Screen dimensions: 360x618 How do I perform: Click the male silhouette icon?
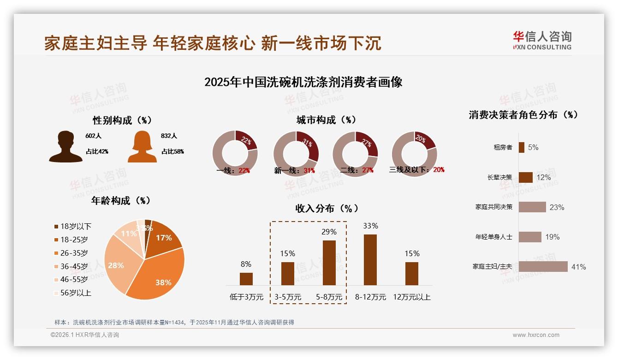(65, 147)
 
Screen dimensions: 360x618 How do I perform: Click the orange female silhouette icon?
(142, 147)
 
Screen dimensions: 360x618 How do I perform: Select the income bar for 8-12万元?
(370, 260)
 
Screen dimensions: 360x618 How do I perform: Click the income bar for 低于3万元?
(246, 279)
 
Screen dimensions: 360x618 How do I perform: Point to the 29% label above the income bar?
(329, 232)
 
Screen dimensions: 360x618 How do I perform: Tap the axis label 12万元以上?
(411, 297)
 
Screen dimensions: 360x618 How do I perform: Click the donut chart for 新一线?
(296, 154)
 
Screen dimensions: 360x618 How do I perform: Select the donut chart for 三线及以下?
(414, 153)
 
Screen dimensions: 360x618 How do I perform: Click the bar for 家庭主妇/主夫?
(543, 267)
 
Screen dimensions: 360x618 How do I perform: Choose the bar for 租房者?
(521, 147)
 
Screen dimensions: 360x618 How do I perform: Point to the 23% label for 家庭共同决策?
(557, 207)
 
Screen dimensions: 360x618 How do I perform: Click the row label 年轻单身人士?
(493, 237)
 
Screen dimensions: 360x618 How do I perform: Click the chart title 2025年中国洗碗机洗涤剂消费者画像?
(303, 82)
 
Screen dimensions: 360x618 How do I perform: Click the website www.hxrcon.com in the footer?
(536, 335)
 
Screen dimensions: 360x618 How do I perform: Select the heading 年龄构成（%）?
(121, 201)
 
